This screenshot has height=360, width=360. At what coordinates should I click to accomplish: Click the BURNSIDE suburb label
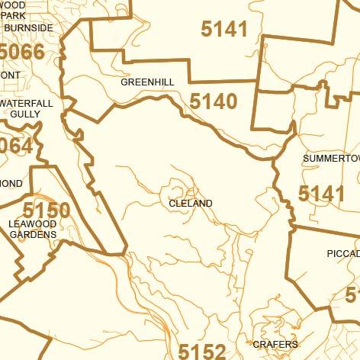click(29, 28)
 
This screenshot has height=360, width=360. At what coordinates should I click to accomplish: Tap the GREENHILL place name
click(147, 81)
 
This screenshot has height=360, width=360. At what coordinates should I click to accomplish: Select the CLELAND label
click(191, 204)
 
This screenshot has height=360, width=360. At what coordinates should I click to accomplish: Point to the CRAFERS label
click(275, 345)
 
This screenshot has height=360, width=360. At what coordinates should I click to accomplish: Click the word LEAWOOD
click(33, 223)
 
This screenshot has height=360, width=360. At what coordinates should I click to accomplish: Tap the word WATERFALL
click(27, 103)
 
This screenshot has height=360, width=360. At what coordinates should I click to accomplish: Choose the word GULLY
click(25, 114)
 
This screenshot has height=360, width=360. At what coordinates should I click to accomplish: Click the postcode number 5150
click(47, 211)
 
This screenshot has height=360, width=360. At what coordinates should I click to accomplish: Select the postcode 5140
click(214, 101)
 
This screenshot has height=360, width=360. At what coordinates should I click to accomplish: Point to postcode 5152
click(202, 352)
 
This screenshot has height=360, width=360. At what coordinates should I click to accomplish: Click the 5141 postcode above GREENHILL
click(224, 29)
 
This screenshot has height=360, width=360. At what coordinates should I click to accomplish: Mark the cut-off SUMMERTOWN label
click(331, 158)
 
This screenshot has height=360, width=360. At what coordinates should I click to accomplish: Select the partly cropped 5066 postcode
click(22, 53)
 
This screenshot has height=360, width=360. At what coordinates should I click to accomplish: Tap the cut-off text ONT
click(10, 76)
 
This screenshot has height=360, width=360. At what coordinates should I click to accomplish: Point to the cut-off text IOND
click(11, 184)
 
